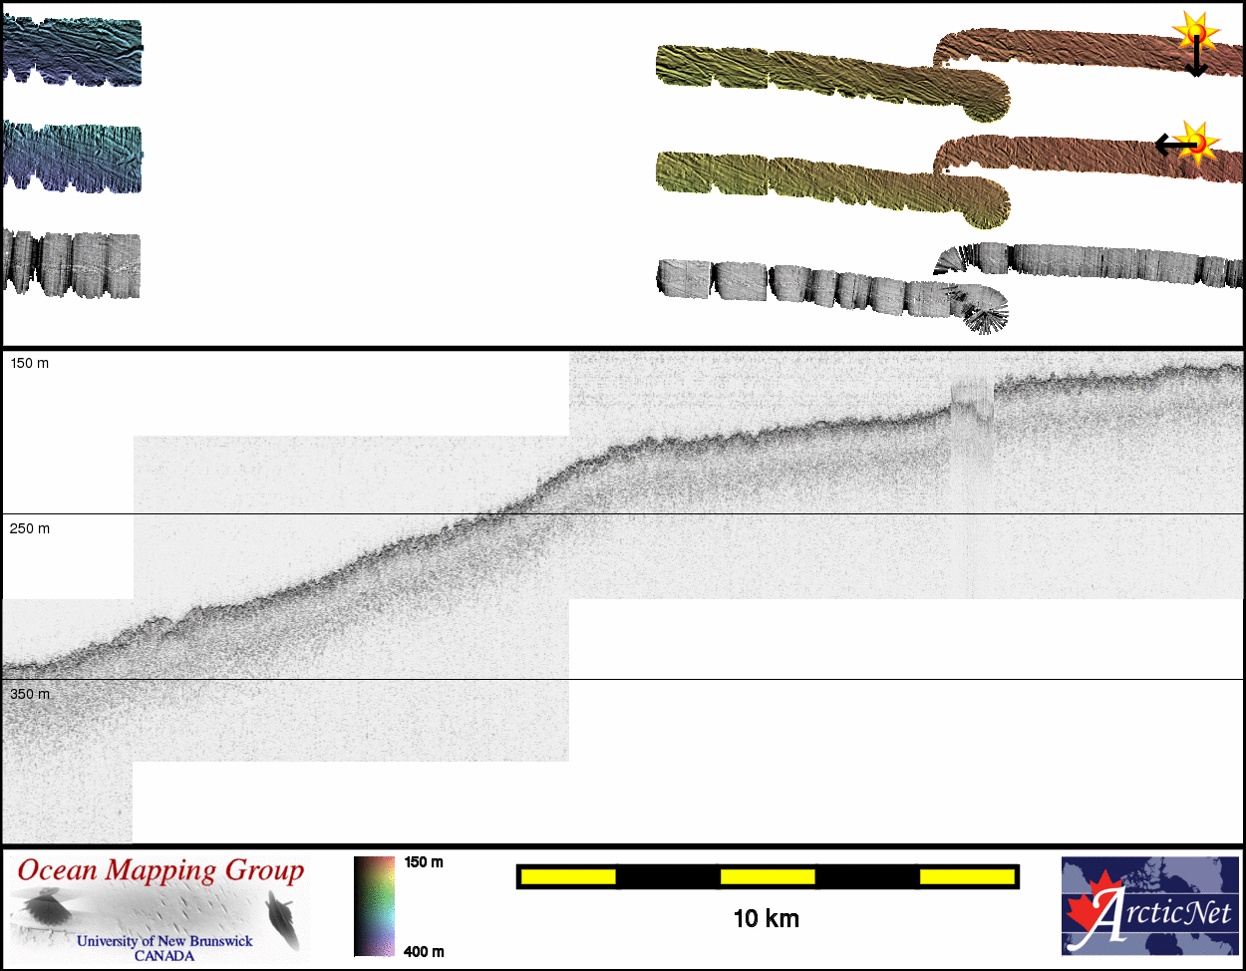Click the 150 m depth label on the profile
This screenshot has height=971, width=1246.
[29, 364]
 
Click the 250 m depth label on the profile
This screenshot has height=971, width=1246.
[29, 528]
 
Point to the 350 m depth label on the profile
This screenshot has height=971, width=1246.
[29, 694]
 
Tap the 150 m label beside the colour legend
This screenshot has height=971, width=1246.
[424, 862]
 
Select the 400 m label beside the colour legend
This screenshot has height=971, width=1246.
[424, 951]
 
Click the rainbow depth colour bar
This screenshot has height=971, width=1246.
[374, 906]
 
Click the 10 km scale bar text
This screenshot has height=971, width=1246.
[767, 919]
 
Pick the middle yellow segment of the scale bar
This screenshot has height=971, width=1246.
[768, 876]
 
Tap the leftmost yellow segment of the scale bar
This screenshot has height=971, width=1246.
[568, 876]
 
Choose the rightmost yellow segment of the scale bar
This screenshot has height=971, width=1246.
[967, 876]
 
